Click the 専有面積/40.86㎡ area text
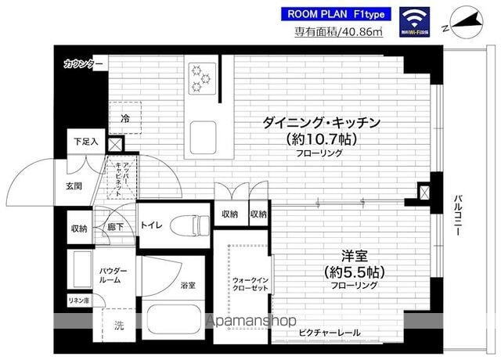(338, 32)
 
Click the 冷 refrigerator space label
(124, 118)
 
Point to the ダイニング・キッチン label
(323, 123)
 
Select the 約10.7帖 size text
(323, 139)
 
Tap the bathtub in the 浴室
(178, 321)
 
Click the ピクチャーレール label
(328, 333)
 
